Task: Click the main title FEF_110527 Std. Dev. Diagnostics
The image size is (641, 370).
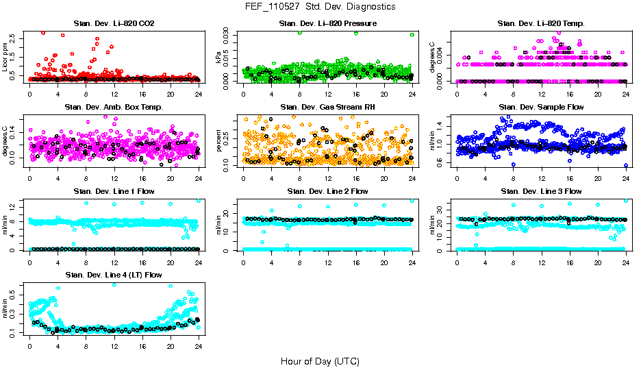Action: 320,7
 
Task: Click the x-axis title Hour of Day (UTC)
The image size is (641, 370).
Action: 320,360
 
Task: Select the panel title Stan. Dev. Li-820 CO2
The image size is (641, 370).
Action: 114,24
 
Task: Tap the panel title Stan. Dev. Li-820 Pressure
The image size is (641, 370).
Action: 328,24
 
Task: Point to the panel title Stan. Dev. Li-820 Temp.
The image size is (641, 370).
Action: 542,24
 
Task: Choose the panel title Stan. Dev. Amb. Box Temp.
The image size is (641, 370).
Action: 114,107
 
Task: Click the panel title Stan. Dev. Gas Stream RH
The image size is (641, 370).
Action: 328,107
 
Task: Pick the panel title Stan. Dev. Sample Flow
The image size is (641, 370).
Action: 542,107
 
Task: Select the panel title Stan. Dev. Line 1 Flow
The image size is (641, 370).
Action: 114,191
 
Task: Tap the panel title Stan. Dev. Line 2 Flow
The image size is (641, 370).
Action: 328,191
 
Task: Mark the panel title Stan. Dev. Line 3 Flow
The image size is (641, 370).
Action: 542,191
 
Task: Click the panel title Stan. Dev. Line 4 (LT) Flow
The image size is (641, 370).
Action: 114,275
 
